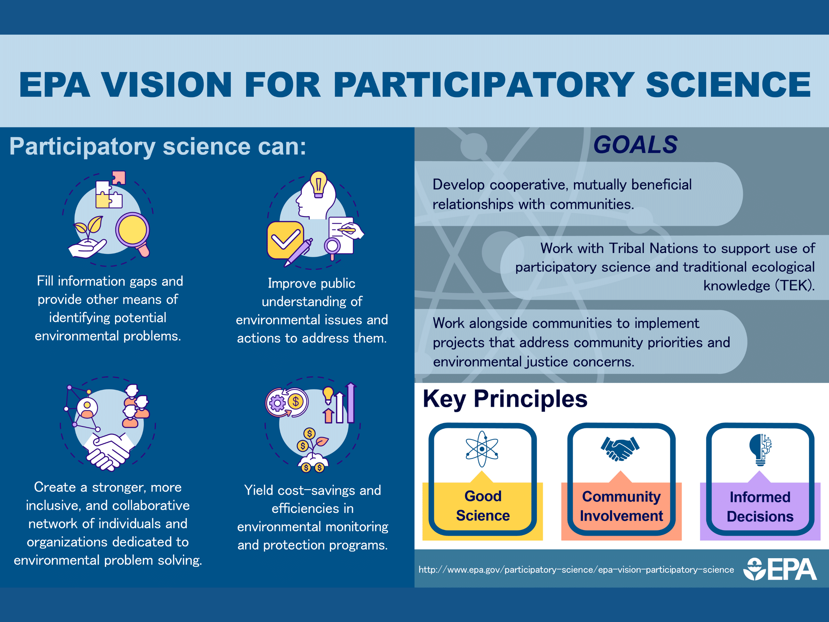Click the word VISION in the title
tap(167, 85)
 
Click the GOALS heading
tap(635, 145)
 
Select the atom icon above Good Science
tap(482, 449)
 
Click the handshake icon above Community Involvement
tap(620, 449)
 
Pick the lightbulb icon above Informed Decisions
tap(760, 450)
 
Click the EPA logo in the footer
tap(779, 569)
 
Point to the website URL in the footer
tap(576, 570)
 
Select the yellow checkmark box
tap(285, 240)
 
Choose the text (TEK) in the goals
tap(795, 286)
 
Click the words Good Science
tap(483, 506)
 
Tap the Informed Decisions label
tap(760, 507)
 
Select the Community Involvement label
tap(621, 506)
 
